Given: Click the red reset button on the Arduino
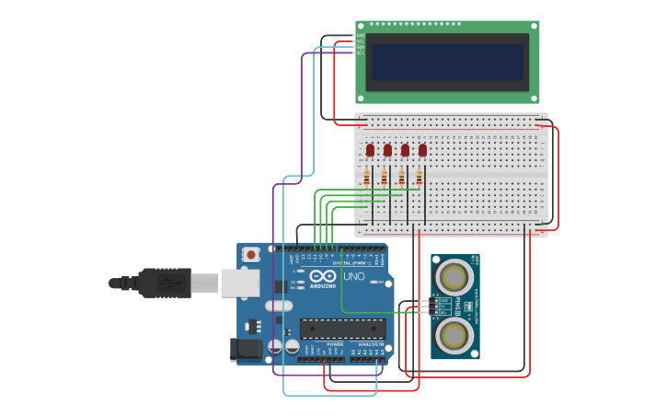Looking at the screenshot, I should point(249,252).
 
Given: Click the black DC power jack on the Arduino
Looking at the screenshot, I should point(245,349).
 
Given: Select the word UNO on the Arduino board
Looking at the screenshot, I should point(353,276).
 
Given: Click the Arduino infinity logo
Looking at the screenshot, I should point(323,276).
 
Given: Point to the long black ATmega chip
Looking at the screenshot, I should point(342,329).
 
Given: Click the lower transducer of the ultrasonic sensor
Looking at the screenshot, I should point(454,335).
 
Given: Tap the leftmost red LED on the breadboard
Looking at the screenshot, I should point(370,149).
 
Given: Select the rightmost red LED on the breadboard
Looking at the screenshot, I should point(422,149).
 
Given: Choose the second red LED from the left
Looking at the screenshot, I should point(387,149).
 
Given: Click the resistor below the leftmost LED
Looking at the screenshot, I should point(367,177).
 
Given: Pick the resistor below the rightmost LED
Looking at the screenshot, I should point(420,177).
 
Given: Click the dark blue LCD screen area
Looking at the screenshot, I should point(447,62).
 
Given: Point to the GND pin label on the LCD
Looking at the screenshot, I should point(360,36).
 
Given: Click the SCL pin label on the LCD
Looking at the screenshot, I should point(360,52).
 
